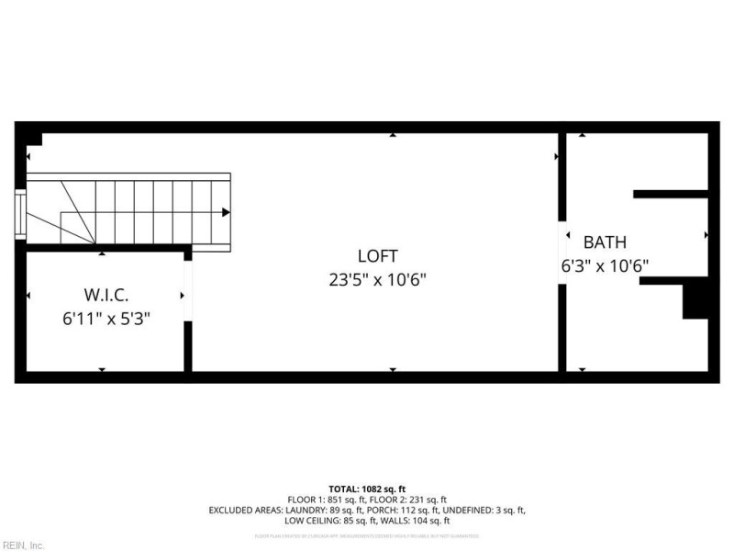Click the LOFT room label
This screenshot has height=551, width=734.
pyautogui.click(x=377, y=256)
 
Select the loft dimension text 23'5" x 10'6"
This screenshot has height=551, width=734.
pyautogui.click(x=377, y=278)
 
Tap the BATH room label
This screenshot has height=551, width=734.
pyautogui.click(x=606, y=243)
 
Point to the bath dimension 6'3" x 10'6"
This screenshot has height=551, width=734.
pyautogui.click(x=606, y=266)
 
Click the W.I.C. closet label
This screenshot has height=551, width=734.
pyautogui.click(x=106, y=296)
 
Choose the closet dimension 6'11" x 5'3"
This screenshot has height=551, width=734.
pyautogui.click(x=106, y=319)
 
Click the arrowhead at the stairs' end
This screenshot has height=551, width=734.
pyautogui.click(x=226, y=212)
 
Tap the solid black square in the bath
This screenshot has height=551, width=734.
pyautogui.click(x=696, y=300)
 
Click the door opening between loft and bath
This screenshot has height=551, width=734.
pyautogui.click(x=562, y=253)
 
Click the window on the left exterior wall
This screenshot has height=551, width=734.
pyautogui.click(x=20, y=214)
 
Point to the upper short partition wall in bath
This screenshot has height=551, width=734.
pyautogui.click(x=671, y=194)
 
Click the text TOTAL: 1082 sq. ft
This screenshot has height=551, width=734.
pyautogui.click(x=367, y=489)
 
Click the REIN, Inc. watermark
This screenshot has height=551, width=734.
pyautogui.click(x=23, y=545)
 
